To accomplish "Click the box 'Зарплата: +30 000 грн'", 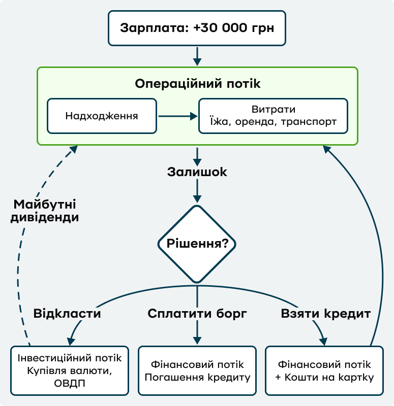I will coord(197,27).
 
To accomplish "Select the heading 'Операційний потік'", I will coord(197,84).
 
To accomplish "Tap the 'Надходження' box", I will coord(102,116).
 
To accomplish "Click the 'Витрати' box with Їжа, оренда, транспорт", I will coord(273,116).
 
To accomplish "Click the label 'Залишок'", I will coord(197,172).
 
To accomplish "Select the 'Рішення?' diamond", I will coord(197,243).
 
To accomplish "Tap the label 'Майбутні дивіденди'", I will coord(46,211).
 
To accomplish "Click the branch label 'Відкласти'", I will coord(67,313).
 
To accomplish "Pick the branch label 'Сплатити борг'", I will coord(197,313).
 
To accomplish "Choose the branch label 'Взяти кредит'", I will coord(326,313).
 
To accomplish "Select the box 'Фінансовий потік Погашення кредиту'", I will coord(197,371).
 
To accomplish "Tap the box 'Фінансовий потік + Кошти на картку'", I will coord(324,371).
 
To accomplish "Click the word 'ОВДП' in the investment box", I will coord(69,383).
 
